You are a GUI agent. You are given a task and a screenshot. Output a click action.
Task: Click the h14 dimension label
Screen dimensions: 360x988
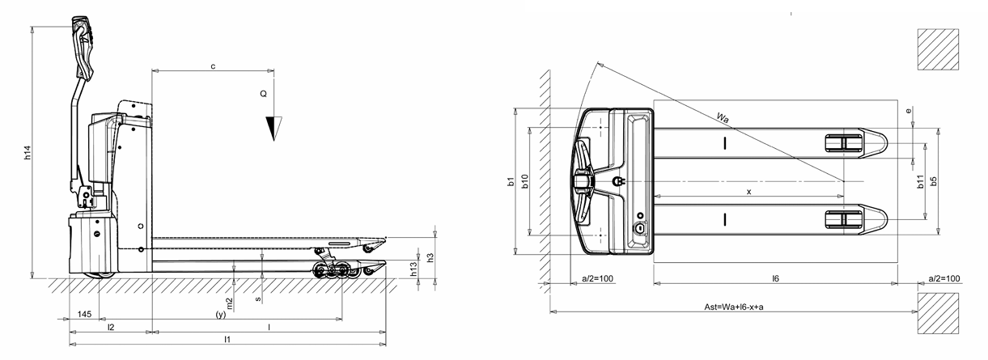point(27,153)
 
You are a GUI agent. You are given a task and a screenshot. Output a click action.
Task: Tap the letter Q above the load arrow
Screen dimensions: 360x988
point(263,95)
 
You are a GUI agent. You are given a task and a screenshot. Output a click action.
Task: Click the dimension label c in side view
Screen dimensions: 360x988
point(213,66)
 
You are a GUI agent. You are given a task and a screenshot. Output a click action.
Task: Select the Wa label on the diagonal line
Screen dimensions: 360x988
point(723,118)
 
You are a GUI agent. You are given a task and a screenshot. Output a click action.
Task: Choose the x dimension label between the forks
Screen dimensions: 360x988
point(748,192)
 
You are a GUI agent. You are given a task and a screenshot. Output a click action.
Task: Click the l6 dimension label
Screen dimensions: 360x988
point(774,278)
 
